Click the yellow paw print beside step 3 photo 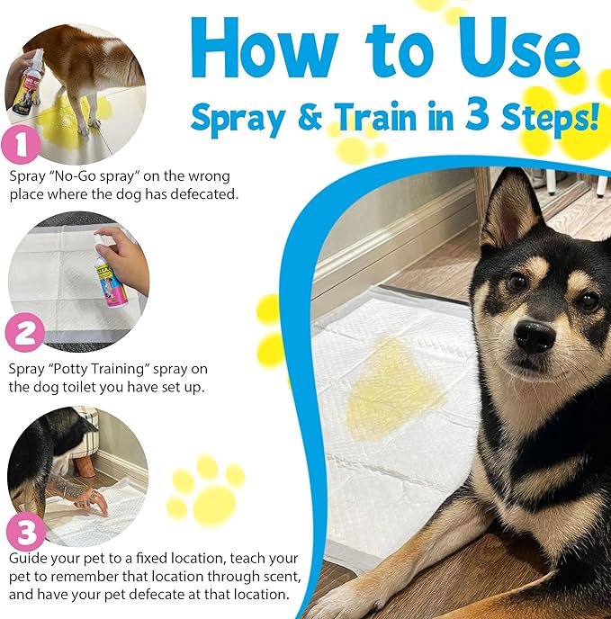click(208, 491)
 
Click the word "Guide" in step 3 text click(27, 559)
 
